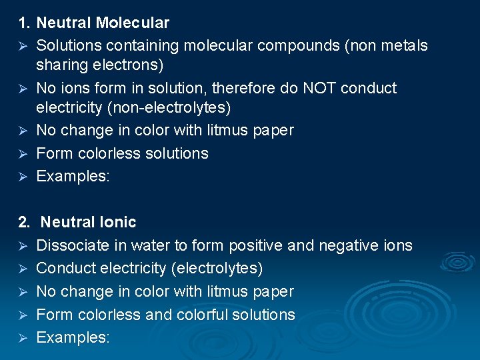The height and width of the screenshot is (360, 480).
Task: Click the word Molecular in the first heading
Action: [133, 23]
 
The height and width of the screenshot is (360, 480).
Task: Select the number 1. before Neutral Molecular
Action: [24, 23]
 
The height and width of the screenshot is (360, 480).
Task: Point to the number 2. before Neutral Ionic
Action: [24, 222]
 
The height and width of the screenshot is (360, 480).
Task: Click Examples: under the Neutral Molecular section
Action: [73, 176]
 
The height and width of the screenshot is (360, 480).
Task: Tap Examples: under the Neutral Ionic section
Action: [73, 337]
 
